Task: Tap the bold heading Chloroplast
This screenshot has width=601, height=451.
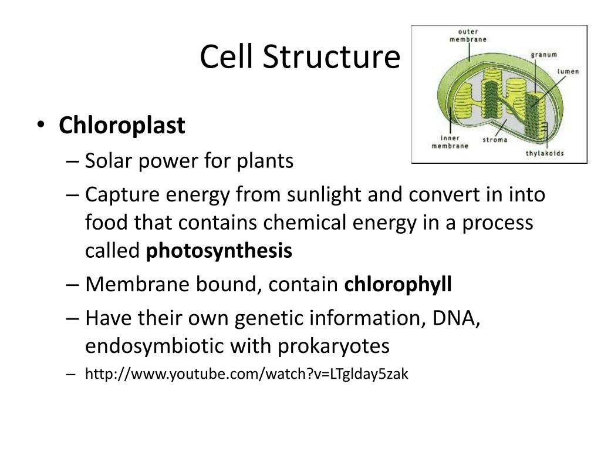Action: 122,125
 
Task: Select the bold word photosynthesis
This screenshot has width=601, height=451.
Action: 219,251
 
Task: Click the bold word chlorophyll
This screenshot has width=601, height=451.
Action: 398,285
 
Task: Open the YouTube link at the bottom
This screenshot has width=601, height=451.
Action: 247,373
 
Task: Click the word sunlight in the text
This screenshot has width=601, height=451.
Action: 324,194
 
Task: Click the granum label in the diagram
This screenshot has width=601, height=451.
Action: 544,55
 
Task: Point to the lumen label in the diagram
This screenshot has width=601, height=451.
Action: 568,72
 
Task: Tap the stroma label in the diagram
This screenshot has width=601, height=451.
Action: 495,140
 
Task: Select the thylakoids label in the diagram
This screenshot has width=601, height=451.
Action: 545,153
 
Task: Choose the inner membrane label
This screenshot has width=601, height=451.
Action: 450,142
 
